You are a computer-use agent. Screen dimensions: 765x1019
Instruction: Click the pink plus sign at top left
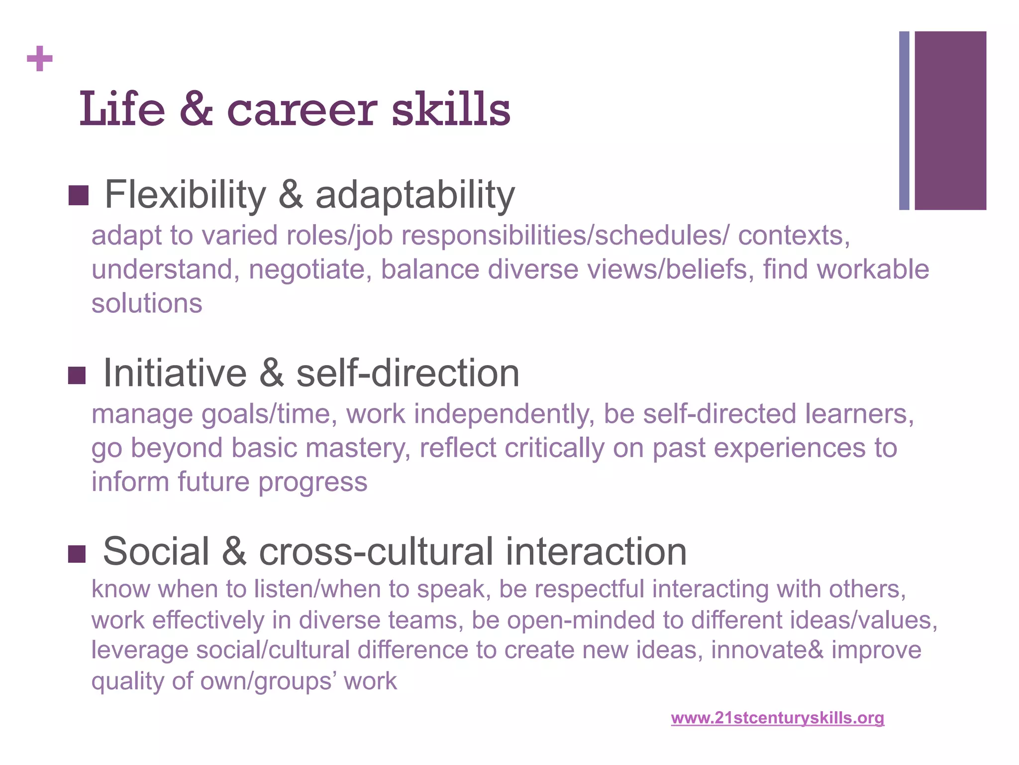pos(40,59)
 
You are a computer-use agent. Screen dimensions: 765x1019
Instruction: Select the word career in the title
pos(302,111)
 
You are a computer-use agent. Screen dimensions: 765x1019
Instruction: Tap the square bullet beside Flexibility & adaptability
pos(78,196)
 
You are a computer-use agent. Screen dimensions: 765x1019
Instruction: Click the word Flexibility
pos(186,195)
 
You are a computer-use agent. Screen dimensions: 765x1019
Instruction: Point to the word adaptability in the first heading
pos(415,196)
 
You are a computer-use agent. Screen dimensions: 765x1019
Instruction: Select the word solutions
pos(147,303)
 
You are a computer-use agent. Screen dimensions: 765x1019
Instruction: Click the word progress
pos(312,482)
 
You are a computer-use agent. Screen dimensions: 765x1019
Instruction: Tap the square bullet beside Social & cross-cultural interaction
pos(77,554)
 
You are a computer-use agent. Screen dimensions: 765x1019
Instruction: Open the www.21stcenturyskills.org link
pos(777,718)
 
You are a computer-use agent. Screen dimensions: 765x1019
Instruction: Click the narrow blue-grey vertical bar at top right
pos(904,121)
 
